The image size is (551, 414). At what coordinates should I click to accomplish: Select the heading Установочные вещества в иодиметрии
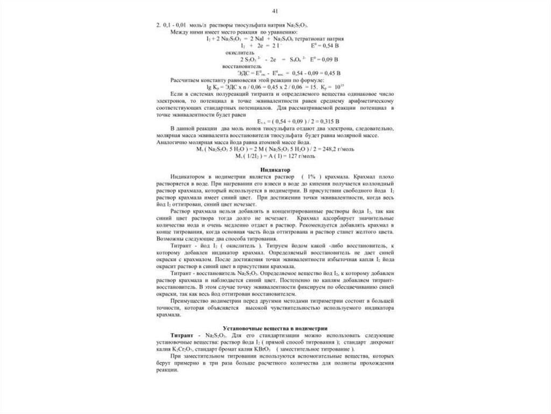275,328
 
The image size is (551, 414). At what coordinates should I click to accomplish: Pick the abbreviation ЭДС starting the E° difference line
244,72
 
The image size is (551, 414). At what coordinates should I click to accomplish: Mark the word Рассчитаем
186,79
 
